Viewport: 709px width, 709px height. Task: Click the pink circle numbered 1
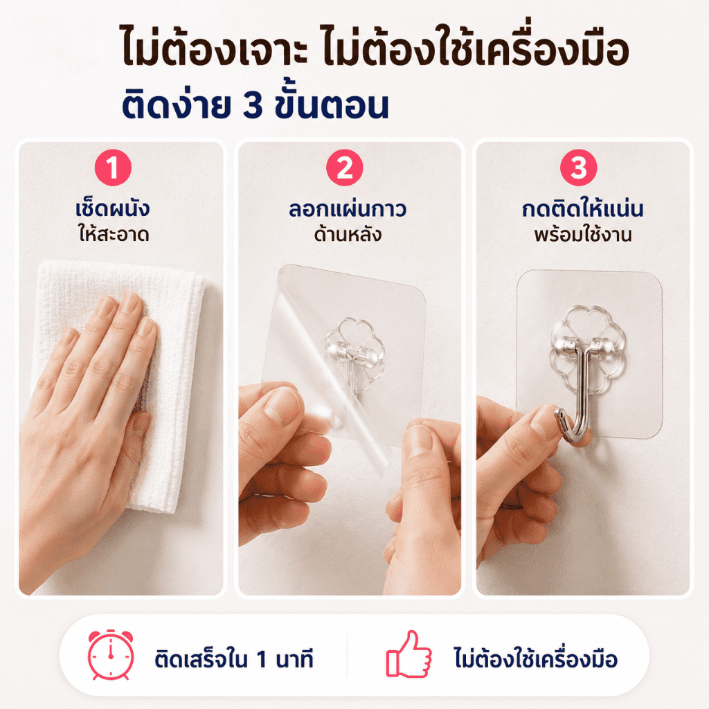[113, 168]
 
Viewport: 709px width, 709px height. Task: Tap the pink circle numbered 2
[345, 168]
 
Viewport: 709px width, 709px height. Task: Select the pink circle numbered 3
[578, 168]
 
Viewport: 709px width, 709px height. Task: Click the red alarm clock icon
[111, 655]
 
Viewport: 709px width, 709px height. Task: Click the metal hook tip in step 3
[559, 414]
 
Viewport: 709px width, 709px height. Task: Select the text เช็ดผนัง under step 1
[113, 208]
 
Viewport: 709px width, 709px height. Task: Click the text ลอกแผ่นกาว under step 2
[348, 209]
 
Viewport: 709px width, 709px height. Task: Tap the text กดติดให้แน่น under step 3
[582, 209]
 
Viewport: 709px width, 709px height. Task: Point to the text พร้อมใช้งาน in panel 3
[583, 234]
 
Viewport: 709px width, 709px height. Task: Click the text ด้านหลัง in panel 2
[348, 234]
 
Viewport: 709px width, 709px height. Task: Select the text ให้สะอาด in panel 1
[114, 234]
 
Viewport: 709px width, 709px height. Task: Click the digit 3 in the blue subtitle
[253, 106]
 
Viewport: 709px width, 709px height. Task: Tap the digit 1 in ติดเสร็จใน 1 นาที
[261, 659]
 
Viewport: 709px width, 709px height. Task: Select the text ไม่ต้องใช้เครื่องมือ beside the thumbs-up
[536, 658]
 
